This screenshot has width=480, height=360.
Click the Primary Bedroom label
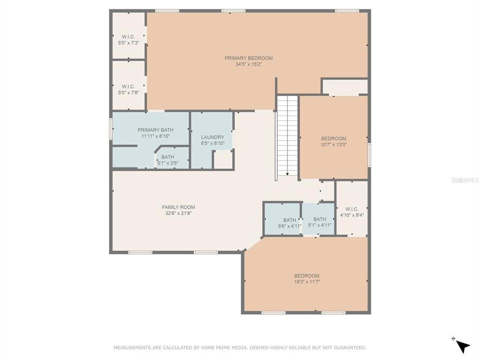click(248, 58)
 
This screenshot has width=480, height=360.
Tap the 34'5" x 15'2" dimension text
click(248, 64)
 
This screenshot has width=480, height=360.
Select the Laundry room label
click(212, 137)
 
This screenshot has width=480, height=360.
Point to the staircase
click(287, 135)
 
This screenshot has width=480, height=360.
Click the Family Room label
click(178, 207)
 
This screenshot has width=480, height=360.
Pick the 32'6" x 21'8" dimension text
click(178, 213)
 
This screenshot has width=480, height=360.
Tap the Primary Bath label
click(155, 130)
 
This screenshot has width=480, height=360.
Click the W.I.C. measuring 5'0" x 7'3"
click(128, 39)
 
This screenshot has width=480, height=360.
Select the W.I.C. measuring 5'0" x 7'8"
click(128, 89)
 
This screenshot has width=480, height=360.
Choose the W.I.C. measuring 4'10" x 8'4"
click(351, 212)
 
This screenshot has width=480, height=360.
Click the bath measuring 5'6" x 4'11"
click(289, 222)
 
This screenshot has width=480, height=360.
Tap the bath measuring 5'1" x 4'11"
click(319, 222)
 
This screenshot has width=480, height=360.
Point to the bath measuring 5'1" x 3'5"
click(167, 159)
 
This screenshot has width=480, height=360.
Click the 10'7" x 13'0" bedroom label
click(333, 141)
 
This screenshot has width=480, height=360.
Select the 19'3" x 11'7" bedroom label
click(306, 278)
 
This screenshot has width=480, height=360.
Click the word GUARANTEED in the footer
click(349, 347)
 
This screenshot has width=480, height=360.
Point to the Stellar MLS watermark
click(465, 179)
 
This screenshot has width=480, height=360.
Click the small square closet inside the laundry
click(223, 159)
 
